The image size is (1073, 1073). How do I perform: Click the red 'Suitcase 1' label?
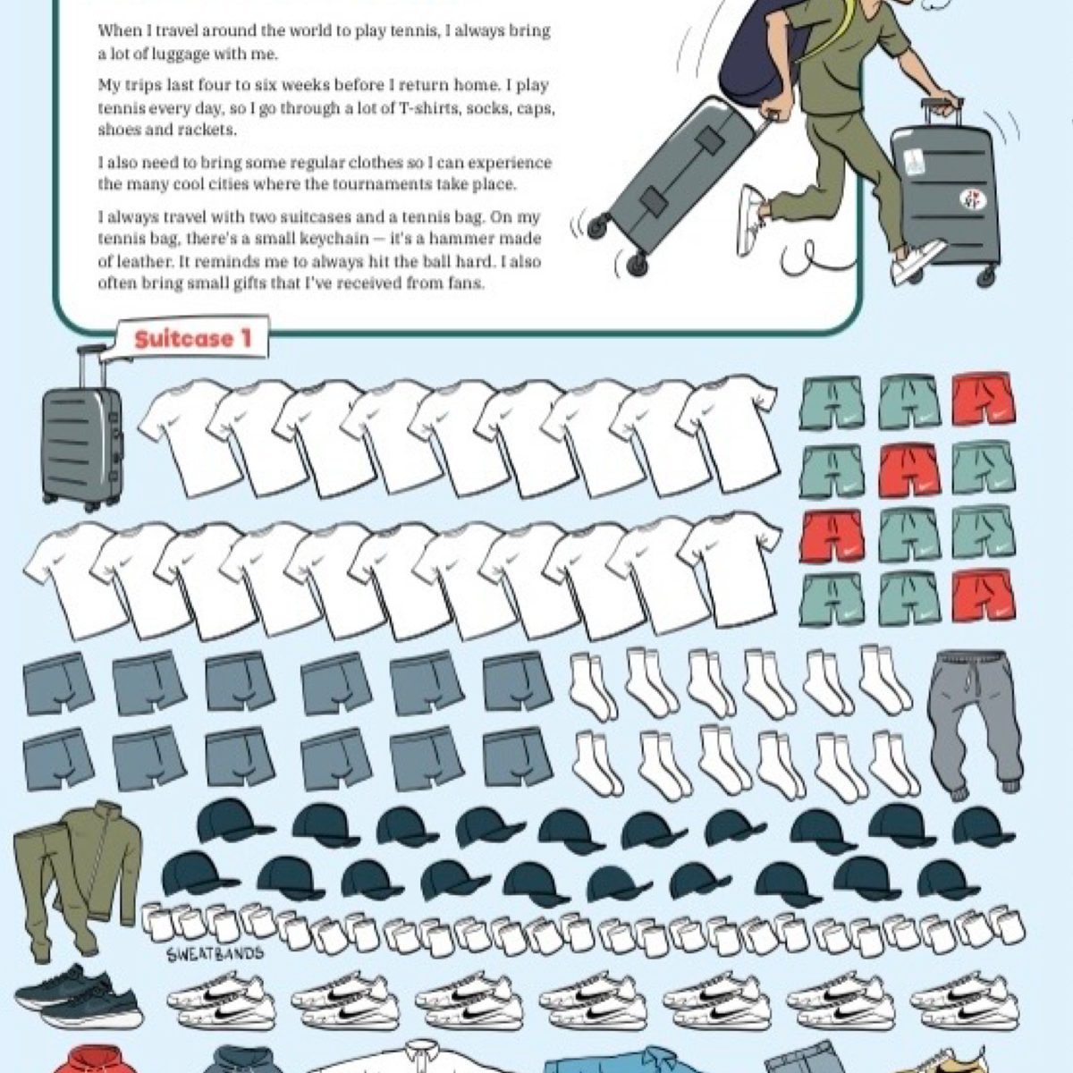192,339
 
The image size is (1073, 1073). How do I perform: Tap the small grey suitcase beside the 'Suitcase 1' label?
82,428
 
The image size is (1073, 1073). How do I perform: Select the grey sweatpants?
975,724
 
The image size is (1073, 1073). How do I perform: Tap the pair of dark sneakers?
78,995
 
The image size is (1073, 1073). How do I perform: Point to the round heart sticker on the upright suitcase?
972,199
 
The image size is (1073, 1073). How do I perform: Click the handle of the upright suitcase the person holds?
942,112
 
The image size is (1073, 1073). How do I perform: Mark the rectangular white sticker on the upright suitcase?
913,162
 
